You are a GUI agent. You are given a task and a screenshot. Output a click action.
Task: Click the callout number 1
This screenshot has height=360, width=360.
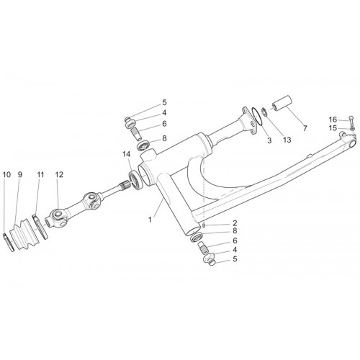point(150,220)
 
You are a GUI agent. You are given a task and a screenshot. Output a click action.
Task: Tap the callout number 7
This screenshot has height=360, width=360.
point(305,128)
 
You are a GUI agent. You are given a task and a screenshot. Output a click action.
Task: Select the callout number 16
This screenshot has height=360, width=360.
point(333,120)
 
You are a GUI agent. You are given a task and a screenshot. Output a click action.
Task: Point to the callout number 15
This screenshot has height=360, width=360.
point(333,128)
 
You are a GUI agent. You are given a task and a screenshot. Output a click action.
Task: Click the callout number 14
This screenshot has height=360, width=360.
point(127,154)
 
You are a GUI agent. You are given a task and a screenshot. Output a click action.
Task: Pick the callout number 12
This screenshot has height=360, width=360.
point(59,174)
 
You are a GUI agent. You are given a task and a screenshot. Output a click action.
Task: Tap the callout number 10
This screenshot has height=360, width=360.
point(6,174)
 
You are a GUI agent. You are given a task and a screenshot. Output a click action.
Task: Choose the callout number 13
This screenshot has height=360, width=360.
point(287,140)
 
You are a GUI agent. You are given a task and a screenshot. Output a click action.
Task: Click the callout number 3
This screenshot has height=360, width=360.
point(269,140)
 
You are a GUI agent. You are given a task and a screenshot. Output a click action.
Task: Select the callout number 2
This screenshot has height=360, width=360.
point(235,223)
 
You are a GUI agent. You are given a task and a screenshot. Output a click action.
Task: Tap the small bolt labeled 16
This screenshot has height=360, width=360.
point(351,122)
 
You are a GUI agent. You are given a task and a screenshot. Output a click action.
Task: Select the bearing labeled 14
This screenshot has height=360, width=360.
point(136,180)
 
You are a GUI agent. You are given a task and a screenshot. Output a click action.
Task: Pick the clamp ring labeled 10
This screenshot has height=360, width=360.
point(9,243)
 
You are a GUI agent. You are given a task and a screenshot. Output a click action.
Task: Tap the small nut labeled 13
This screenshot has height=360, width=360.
point(264,112)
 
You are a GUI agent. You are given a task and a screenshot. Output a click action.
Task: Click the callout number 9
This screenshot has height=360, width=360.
point(20,174)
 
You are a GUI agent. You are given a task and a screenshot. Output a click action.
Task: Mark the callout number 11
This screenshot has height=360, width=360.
point(40,174)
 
